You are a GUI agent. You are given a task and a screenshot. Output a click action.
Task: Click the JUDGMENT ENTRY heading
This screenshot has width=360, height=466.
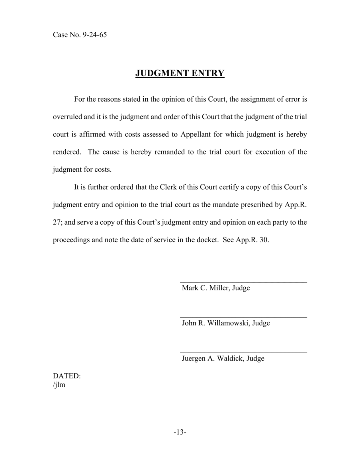tap(180, 73)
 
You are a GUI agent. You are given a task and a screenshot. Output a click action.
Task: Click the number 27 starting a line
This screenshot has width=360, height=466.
tap(57, 222)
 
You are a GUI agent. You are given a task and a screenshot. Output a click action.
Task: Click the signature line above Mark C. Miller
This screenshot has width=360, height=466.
tap(243, 282)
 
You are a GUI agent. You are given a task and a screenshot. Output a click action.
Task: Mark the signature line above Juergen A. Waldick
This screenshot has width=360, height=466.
tap(243, 352)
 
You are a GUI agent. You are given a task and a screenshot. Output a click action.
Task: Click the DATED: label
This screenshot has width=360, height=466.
tap(67, 376)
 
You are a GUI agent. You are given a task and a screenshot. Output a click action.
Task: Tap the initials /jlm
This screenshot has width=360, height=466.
tap(59, 385)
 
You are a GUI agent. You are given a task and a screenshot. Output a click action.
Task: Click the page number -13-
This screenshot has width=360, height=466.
tap(180, 433)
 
